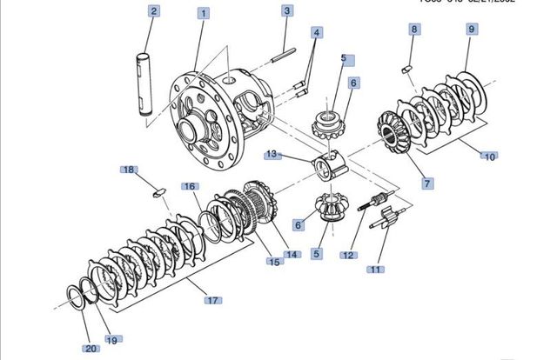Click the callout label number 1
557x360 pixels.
click(203, 14)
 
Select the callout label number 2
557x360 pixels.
click(153, 11)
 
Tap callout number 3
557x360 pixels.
click(286, 11)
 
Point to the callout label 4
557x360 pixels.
click(317, 32)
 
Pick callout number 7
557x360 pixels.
click(427, 183)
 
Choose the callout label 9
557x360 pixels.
click(471, 29)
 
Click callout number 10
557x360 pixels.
click(490, 157)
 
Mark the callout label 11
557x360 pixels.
click(375, 270)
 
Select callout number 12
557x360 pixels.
click(348, 255)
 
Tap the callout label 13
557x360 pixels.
click(272, 154)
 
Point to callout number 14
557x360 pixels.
click(292, 255)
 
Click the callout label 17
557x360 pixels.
click(211, 301)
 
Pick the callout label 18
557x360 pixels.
click(128, 169)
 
